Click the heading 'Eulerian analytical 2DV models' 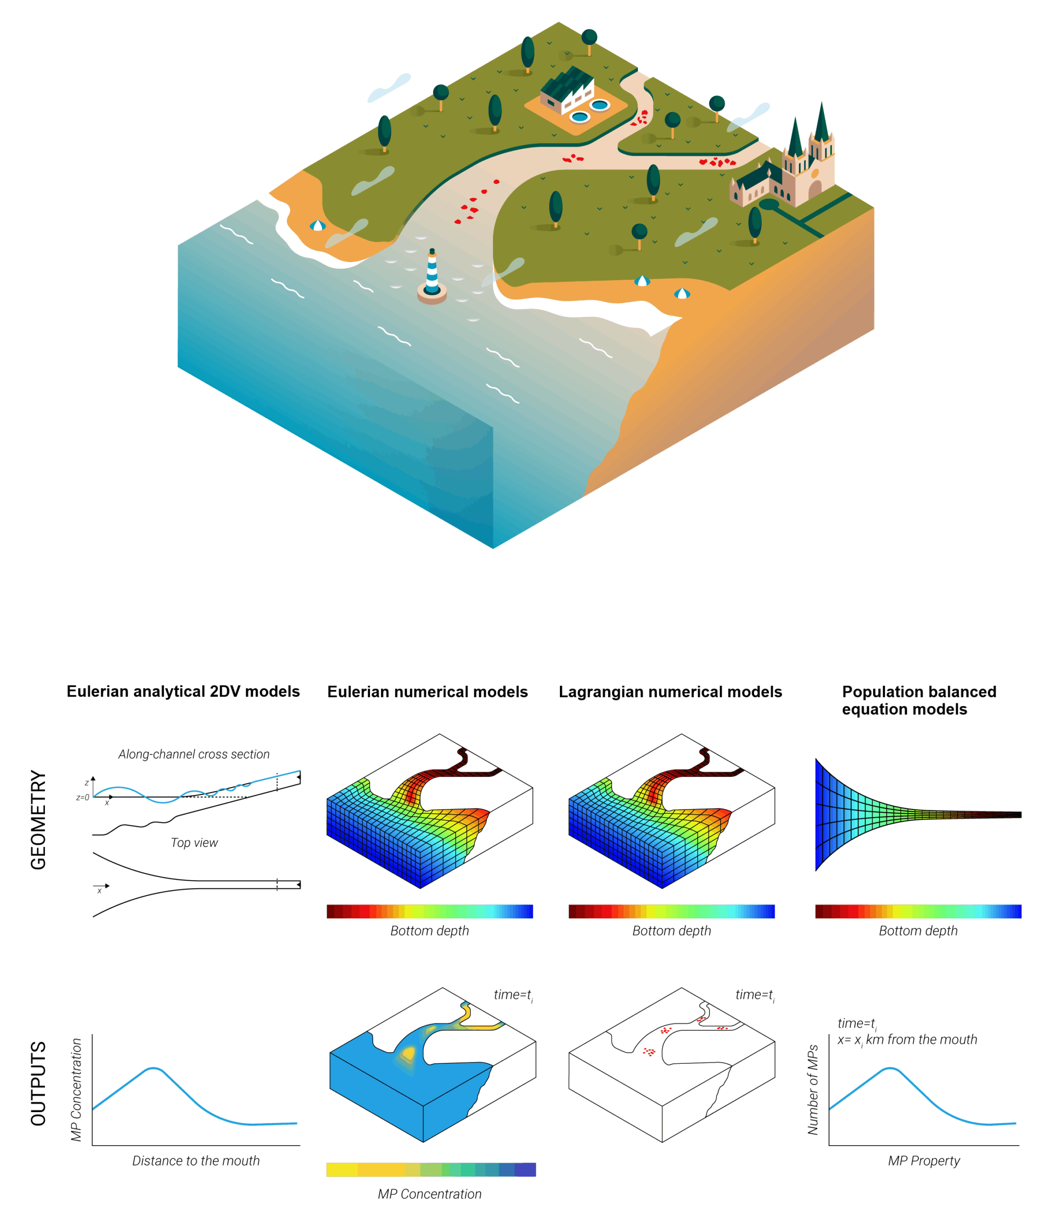click(x=183, y=691)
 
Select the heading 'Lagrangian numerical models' click(x=670, y=692)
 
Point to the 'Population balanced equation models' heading click(x=919, y=700)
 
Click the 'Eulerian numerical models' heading click(x=427, y=692)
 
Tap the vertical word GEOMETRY click(x=38, y=820)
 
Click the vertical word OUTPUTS click(x=38, y=1084)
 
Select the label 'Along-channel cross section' click(x=194, y=754)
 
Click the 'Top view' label click(x=194, y=842)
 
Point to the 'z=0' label click(x=83, y=798)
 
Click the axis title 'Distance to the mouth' click(x=196, y=1161)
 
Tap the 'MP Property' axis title click(x=924, y=1161)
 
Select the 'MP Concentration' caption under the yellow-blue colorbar click(x=429, y=1194)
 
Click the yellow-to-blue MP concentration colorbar click(x=431, y=1169)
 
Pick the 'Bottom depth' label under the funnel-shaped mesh click(x=918, y=930)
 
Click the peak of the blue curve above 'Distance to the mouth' click(x=153, y=1068)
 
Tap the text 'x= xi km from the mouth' click(x=907, y=1040)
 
